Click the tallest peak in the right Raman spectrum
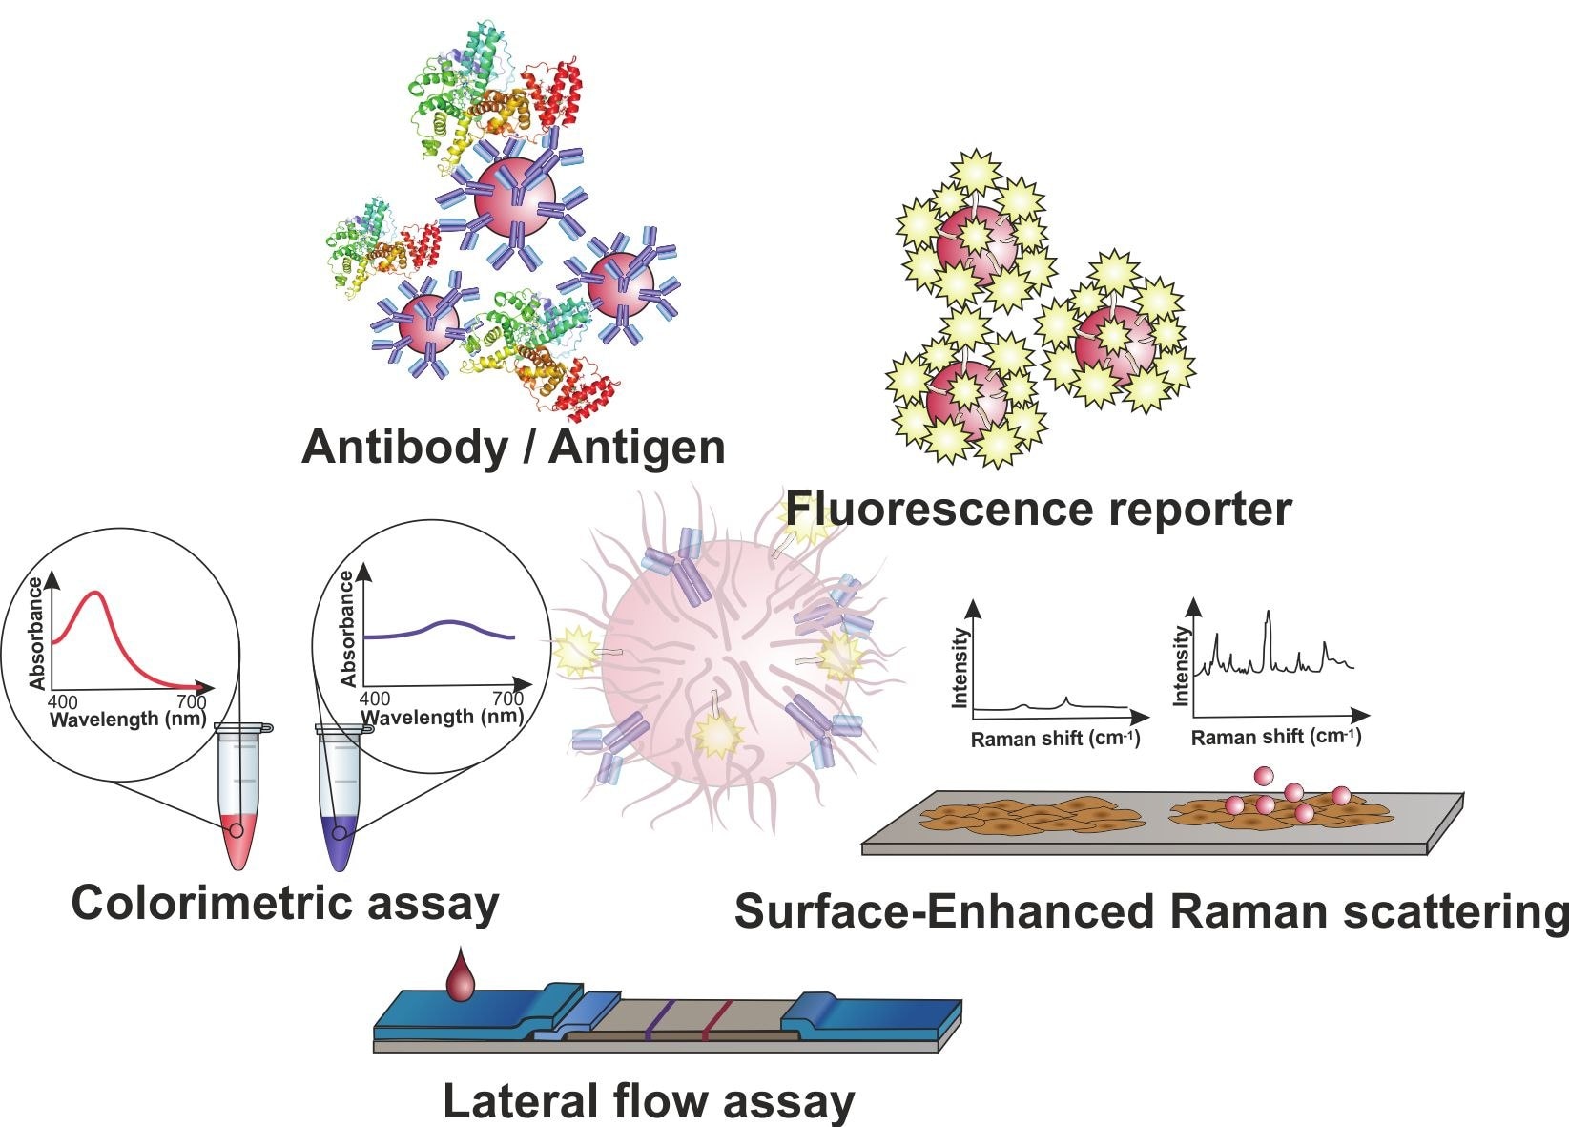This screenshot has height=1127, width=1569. (1268, 614)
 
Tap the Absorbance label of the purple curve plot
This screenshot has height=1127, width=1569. (348, 629)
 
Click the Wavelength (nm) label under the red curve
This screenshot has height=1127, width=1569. (128, 720)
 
